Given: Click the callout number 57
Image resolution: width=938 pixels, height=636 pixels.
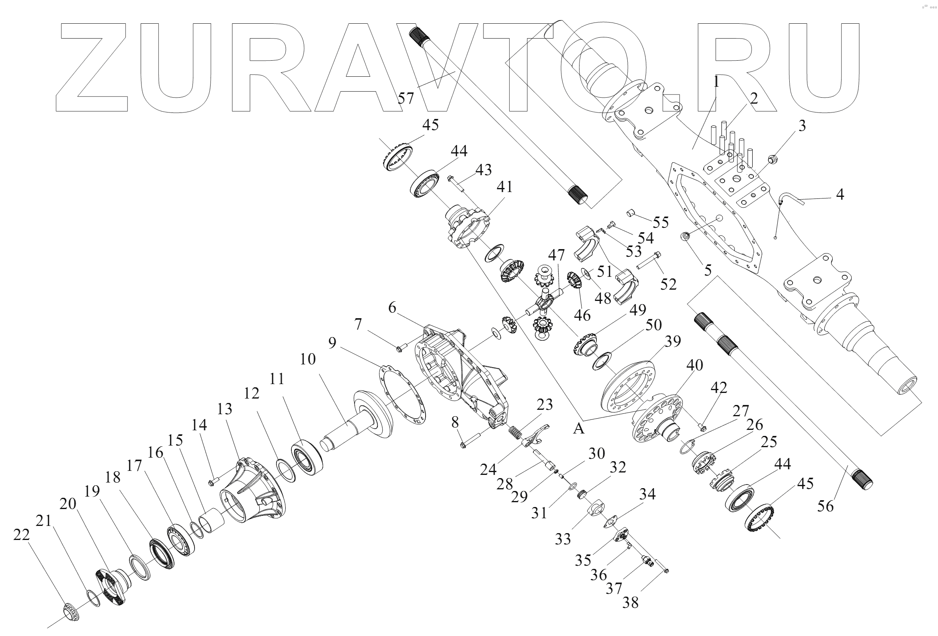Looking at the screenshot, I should [x=406, y=98].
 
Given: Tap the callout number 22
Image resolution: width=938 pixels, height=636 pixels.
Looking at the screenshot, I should [x=21, y=535].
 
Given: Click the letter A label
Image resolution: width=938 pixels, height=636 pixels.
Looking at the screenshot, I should [x=579, y=429].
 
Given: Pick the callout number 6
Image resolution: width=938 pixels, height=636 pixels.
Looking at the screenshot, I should [x=392, y=308].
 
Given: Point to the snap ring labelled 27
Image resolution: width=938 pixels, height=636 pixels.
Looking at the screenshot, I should [x=686, y=447].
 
